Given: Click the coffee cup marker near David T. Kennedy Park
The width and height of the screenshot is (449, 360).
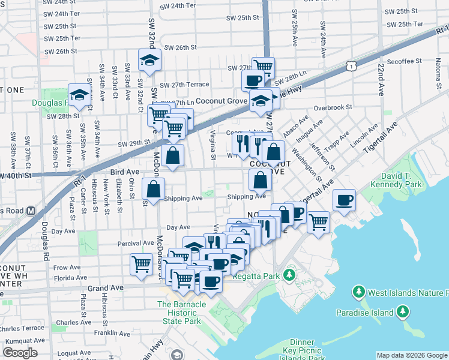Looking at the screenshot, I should point(344,200).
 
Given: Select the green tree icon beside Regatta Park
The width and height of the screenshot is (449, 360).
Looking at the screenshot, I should point(289,275).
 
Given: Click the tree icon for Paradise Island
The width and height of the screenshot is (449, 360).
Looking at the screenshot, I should point(402,311).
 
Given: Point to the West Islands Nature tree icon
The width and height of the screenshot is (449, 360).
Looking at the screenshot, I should point(359,292).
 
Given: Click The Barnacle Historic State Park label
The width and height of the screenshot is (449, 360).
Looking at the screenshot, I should point(182,313).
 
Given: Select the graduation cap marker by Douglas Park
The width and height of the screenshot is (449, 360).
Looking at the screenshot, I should point(79,94).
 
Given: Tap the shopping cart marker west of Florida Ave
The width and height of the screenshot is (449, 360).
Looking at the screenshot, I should point(142,263).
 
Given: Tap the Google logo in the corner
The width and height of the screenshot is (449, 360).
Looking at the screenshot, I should point(20,353).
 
